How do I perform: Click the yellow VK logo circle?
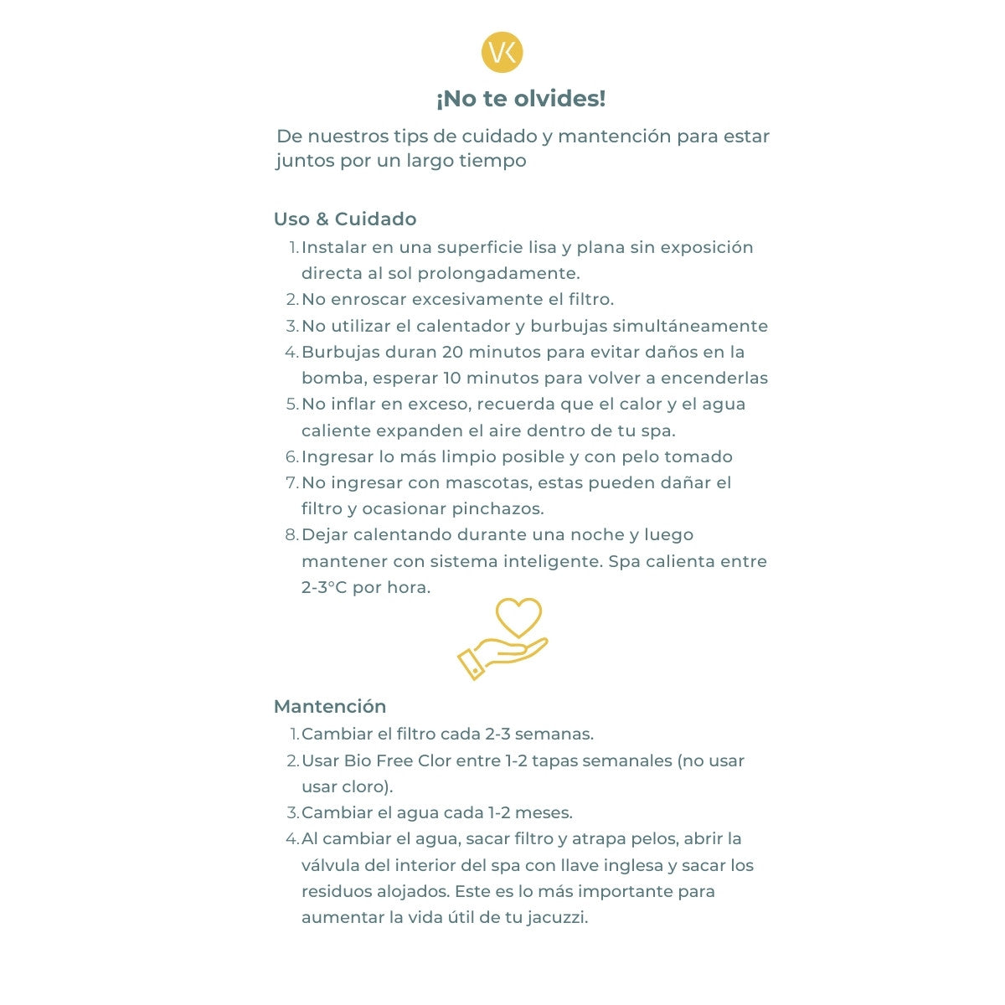(x=502, y=53)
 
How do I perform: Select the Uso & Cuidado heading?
(x=345, y=219)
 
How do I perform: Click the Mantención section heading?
(x=330, y=706)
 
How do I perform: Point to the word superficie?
(x=479, y=248)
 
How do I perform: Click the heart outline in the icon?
(x=519, y=618)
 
